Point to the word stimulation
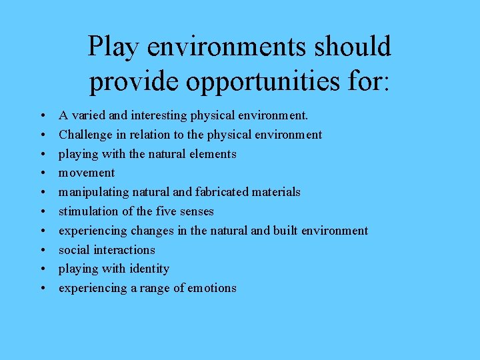tap(87, 211)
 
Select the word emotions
tap(211, 288)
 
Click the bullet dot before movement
tap(42, 173)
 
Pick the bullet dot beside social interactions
tap(42, 250)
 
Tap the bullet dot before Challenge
tap(42, 135)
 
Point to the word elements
tap(212, 154)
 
